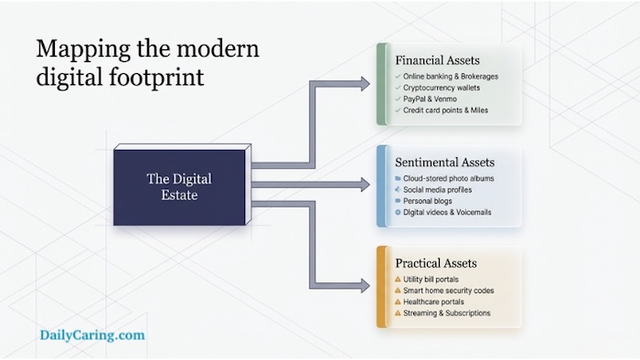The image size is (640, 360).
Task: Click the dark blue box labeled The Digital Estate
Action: [x=179, y=185]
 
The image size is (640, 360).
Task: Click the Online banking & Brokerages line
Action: [x=451, y=76]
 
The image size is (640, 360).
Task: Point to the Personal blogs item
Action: [x=428, y=200]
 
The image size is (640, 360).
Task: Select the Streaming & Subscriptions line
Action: [x=447, y=313]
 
